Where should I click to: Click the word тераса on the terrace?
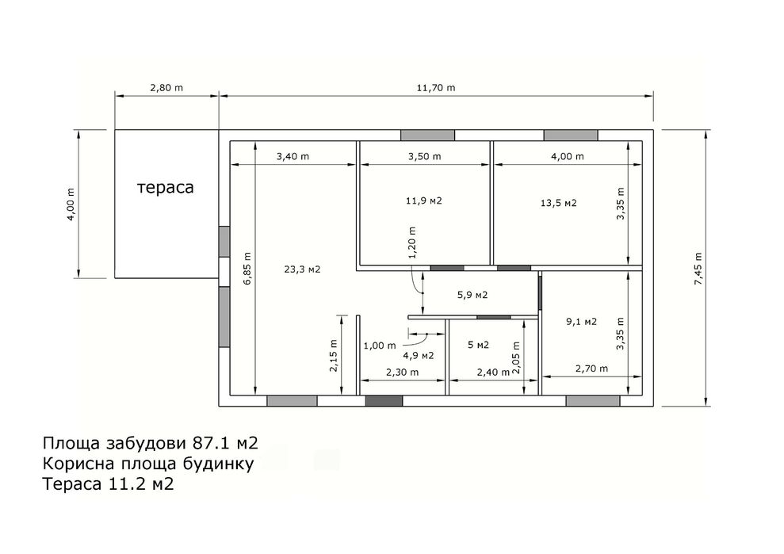(x=165, y=188)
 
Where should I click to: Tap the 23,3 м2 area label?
(x=302, y=269)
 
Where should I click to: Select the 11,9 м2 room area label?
(x=424, y=201)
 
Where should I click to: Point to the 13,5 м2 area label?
(x=559, y=203)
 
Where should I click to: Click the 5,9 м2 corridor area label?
(x=472, y=295)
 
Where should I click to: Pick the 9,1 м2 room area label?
(x=582, y=322)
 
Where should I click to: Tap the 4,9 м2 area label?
(x=419, y=356)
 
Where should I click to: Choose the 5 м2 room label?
(x=479, y=345)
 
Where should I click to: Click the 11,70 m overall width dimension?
(x=436, y=88)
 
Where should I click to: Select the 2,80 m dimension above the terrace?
(x=166, y=88)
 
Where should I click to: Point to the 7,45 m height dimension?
(x=698, y=269)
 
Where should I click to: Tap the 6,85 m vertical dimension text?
(x=247, y=269)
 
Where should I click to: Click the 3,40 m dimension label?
(x=293, y=156)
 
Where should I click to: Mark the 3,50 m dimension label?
(x=424, y=156)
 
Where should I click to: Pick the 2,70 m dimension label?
(x=591, y=369)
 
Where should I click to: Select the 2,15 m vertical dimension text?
(x=334, y=356)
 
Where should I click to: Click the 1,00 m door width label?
(x=380, y=346)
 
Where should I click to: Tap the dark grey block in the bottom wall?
(x=384, y=401)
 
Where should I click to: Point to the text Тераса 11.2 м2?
(x=108, y=484)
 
